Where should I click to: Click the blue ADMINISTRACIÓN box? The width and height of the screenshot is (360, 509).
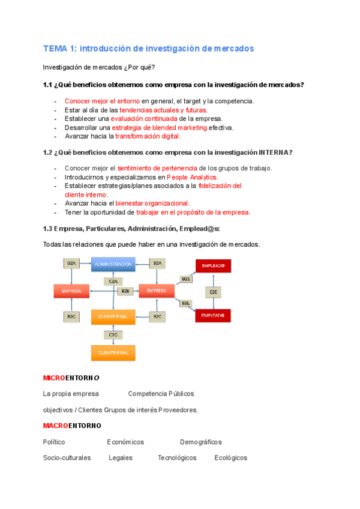[113, 264]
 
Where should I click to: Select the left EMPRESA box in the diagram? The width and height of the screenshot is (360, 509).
[71, 291]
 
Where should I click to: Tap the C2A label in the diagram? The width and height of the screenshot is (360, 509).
[112, 281]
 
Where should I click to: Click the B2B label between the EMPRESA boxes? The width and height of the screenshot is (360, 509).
[125, 291]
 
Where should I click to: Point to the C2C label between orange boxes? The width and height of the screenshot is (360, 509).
[112, 335]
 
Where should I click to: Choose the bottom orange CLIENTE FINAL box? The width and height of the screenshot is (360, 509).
[113, 352]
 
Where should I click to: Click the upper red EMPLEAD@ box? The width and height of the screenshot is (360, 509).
[213, 265]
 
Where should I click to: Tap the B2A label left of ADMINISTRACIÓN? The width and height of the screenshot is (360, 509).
[71, 264]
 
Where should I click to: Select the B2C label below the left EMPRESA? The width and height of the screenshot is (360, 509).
[71, 316]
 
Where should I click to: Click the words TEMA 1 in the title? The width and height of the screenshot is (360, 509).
[59, 48]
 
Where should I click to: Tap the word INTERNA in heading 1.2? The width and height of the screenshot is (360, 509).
[274, 152]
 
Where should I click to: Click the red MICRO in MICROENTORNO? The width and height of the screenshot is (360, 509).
[54, 378]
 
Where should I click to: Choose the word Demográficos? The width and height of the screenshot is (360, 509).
[200, 442]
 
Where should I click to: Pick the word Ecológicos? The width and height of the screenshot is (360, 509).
[230, 457]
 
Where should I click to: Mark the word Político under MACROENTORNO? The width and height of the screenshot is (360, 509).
[54, 442]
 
